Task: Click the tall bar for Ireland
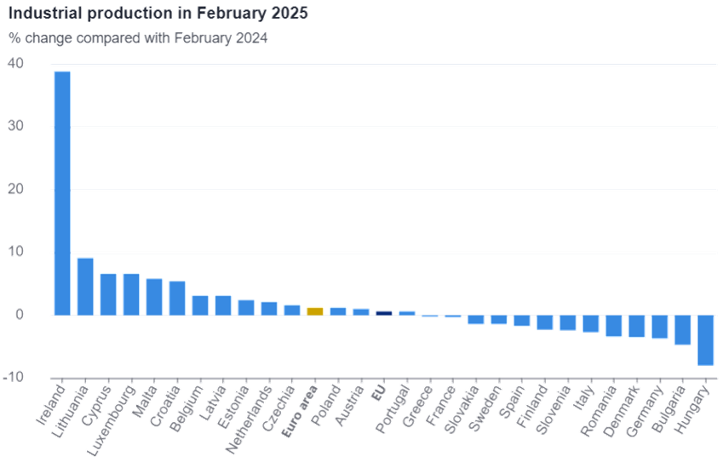(62, 193)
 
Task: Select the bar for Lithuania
(85, 287)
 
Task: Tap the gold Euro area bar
(315, 311)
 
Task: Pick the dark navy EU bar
(384, 313)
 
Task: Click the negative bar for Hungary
(705, 340)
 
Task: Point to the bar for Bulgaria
(682, 330)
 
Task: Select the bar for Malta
(154, 297)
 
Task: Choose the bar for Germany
(659, 327)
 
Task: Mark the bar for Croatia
(177, 298)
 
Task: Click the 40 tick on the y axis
(15, 63)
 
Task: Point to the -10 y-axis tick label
(13, 377)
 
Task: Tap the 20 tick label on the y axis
(15, 189)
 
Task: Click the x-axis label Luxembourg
(111, 420)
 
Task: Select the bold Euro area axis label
(300, 411)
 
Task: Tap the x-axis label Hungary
(691, 409)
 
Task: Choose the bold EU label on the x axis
(379, 393)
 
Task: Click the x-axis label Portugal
(393, 409)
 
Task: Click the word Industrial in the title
(45, 13)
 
